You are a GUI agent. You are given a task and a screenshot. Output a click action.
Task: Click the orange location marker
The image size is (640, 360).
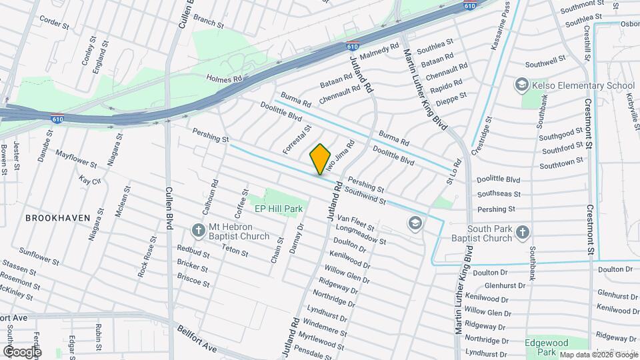coord(320,159)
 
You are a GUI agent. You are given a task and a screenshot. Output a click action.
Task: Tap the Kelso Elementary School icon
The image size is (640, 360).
coord(521,85)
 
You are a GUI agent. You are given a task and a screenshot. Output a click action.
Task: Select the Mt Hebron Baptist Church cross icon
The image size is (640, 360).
coord(197,231)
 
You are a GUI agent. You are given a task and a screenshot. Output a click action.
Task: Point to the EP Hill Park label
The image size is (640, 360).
coord(279,209)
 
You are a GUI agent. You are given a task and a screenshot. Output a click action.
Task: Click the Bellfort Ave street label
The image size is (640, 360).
coord(197,339)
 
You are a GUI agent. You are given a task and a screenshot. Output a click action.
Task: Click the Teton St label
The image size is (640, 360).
coord(235,253)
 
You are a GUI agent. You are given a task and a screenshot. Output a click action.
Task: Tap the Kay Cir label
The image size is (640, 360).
coord(89,181)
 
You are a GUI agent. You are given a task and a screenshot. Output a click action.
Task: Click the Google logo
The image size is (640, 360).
coord(22,351)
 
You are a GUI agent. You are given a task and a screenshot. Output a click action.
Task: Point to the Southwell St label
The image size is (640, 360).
coord(545,64)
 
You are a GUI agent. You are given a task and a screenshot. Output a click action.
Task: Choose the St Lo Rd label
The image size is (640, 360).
coord(454,171)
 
